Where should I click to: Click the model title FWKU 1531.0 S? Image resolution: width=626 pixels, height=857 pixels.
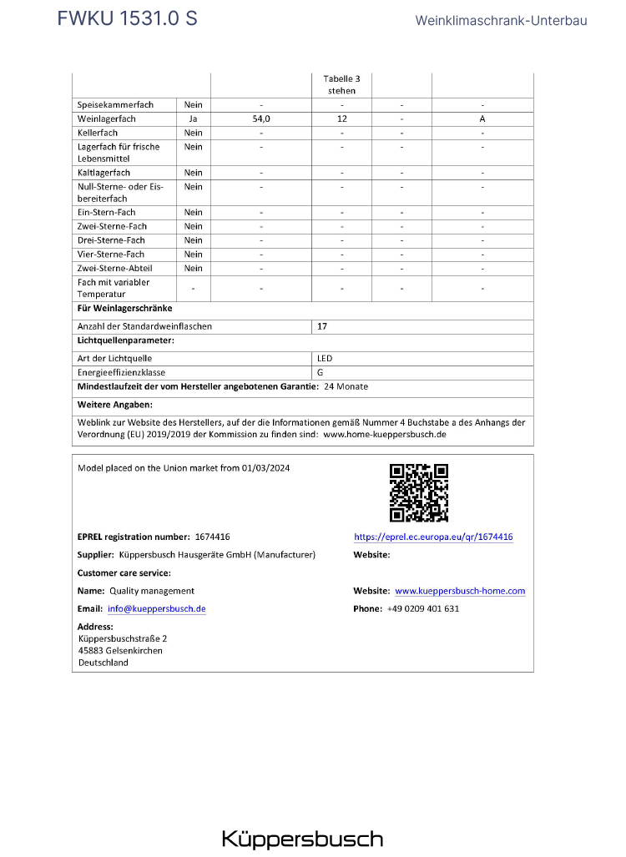pyautogui.click(x=127, y=18)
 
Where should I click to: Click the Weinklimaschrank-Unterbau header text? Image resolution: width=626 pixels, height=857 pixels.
pyautogui.click(x=501, y=20)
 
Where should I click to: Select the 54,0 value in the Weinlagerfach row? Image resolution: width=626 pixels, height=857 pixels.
pyautogui.click(x=261, y=119)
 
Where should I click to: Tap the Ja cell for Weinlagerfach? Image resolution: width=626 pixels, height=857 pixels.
pyautogui.click(x=193, y=119)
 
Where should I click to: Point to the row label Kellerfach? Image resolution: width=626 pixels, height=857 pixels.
pyautogui.click(x=98, y=133)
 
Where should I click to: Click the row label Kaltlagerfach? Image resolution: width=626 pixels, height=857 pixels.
pyautogui.click(x=103, y=173)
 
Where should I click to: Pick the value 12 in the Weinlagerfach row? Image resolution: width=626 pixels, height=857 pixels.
pyautogui.click(x=342, y=119)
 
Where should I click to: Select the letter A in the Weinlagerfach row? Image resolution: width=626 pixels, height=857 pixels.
pyautogui.click(x=482, y=119)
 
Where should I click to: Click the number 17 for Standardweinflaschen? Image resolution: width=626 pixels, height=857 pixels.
pyautogui.click(x=322, y=326)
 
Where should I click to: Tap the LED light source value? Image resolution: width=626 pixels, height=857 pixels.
pyautogui.click(x=325, y=358)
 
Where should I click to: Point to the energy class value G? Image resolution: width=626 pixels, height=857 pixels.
pyautogui.click(x=321, y=372)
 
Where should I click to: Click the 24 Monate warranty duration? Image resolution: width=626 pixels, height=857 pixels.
pyautogui.click(x=346, y=386)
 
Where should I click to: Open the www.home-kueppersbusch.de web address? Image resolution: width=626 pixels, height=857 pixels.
pyautogui.click(x=385, y=435)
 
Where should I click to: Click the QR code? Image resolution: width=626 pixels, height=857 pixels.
pyautogui.click(x=419, y=493)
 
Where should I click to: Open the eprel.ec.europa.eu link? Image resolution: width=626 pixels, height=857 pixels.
pyautogui.click(x=433, y=537)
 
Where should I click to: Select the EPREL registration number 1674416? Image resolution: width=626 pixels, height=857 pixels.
pyautogui.click(x=212, y=537)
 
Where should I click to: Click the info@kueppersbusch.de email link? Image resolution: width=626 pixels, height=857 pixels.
pyautogui.click(x=157, y=609)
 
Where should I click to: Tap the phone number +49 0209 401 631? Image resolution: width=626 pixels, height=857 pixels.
pyautogui.click(x=423, y=609)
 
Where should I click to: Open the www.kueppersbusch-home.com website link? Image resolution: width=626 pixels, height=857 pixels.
pyautogui.click(x=460, y=591)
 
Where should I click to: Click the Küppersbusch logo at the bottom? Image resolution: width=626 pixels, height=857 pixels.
pyautogui.click(x=302, y=839)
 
